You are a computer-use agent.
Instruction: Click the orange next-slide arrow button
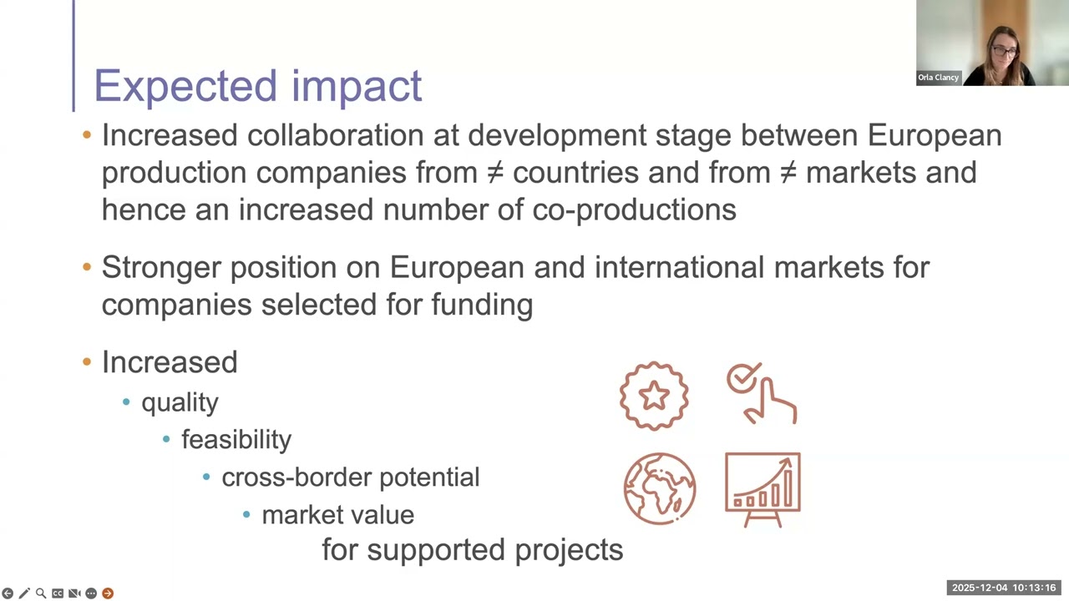(x=108, y=593)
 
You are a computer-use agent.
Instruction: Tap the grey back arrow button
(x=8, y=593)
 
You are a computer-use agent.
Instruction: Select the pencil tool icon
(x=24, y=593)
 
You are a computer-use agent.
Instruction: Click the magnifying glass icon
(x=41, y=593)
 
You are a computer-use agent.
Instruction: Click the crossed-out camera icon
(x=74, y=593)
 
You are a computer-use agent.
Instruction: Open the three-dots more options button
(x=91, y=593)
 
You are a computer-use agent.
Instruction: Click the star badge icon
(x=654, y=396)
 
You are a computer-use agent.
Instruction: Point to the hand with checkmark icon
(x=762, y=394)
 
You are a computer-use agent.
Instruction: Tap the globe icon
(x=660, y=489)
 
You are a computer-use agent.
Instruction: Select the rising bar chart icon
(x=762, y=489)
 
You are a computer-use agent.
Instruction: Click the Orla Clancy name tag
(x=938, y=78)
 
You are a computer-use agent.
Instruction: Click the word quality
(x=180, y=402)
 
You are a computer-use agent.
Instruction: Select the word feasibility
(x=236, y=440)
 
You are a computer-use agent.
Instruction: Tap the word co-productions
(x=634, y=210)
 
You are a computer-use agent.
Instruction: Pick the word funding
(x=482, y=305)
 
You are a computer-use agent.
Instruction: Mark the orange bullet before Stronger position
(x=87, y=267)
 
